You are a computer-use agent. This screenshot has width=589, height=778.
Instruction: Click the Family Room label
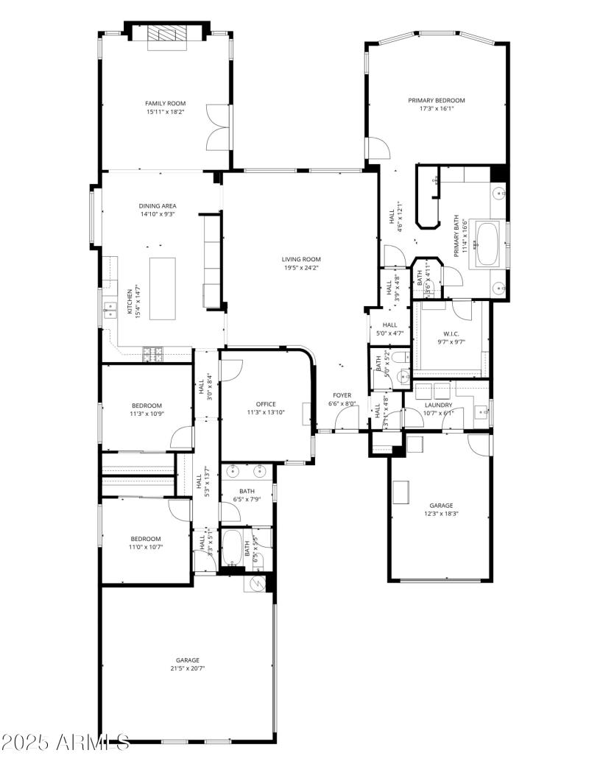(x=165, y=104)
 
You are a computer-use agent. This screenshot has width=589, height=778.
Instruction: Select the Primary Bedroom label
(x=437, y=100)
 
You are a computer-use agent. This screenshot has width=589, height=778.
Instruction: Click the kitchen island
(x=163, y=288)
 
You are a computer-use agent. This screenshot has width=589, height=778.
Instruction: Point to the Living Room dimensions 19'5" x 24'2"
(x=302, y=268)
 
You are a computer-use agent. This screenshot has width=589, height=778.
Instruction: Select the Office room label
(x=266, y=404)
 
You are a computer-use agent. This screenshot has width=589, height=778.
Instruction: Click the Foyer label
(x=342, y=395)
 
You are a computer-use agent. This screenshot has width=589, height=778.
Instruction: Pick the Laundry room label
(x=438, y=405)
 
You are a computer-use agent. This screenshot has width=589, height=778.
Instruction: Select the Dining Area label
(x=158, y=206)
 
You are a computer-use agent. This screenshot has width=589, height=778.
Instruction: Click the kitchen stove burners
(x=153, y=354)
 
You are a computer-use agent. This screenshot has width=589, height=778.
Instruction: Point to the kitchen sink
(x=110, y=310)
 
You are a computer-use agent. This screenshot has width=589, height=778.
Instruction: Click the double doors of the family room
(x=217, y=127)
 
